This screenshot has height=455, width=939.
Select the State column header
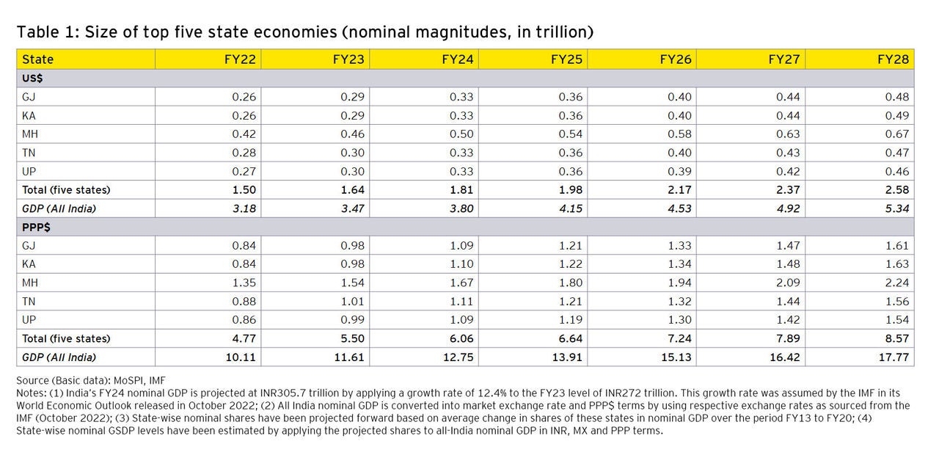click(x=37, y=59)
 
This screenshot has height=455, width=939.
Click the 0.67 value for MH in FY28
click(x=897, y=134)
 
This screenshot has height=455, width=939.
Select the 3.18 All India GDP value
click(x=244, y=208)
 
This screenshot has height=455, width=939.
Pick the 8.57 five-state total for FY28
click(x=897, y=338)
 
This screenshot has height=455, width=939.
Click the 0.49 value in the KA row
click(x=897, y=115)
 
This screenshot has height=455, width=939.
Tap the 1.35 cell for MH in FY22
click(x=244, y=283)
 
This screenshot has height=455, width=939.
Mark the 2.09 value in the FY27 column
click(x=788, y=283)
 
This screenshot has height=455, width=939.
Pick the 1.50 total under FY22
click(x=244, y=189)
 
